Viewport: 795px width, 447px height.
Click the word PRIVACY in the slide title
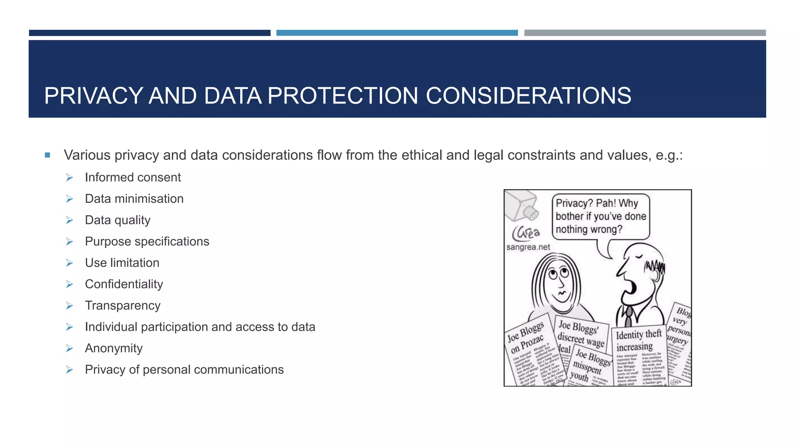[94, 96]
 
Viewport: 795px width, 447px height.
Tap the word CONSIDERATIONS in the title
[528, 96]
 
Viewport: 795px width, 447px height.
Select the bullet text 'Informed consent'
[133, 177]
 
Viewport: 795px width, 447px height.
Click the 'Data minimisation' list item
[134, 199]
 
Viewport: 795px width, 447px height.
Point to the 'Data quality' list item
[118, 220]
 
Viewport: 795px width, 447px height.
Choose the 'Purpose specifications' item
[147, 241]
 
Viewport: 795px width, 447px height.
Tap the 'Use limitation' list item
[122, 263]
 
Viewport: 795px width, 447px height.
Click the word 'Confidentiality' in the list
[124, 284]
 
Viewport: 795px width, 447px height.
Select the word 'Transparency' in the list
[123, 305]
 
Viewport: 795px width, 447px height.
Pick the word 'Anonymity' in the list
[114, 348]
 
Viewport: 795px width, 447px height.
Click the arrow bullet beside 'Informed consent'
[69, 178]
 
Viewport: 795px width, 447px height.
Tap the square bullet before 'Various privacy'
[47, 155]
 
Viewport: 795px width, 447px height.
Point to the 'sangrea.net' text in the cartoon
[528, 247]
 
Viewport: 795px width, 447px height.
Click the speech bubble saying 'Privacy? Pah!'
[600, 216]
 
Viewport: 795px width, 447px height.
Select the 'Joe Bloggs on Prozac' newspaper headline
[526, 337]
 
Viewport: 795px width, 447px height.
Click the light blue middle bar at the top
[397, 33]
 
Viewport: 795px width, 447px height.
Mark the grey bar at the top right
[645, 33]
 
